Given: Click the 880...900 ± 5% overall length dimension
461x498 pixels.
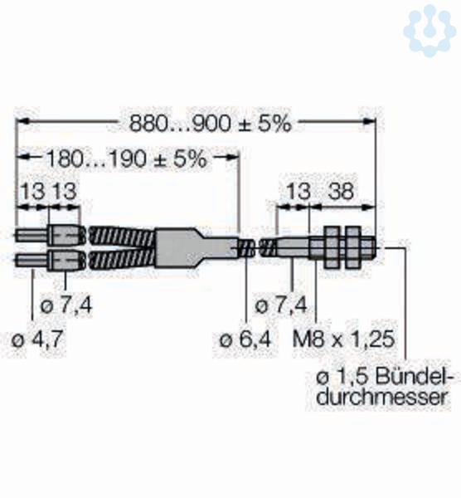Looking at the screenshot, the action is (x=210, y=124).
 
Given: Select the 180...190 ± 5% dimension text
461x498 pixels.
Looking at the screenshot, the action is (x=127, y=159).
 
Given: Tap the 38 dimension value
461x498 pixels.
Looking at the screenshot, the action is (x=341, y=191).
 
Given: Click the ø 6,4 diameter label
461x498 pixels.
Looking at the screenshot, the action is (x=245, y=339).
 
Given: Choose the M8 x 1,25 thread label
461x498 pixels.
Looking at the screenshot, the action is (x=343, y=339).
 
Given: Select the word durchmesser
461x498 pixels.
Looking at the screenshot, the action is (x=384, y=397).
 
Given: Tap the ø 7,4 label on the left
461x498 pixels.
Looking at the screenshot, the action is (x=66, y=305).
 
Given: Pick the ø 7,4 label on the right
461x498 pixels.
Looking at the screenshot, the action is (x=281, y=305).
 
